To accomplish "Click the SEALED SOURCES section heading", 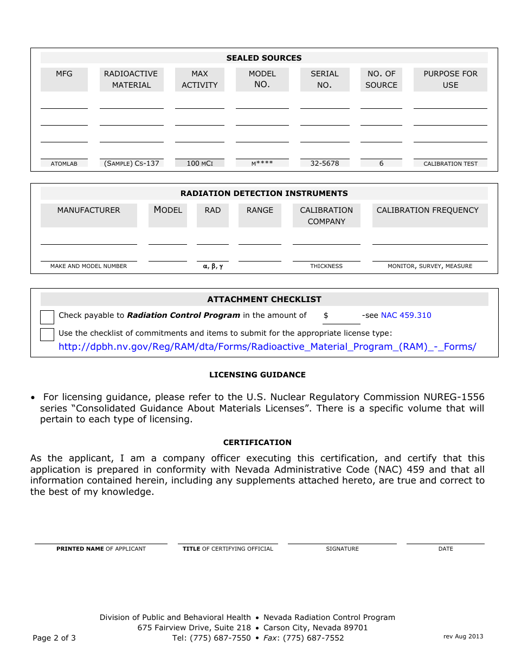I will (x=264, y=58).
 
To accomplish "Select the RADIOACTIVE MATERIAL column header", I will (x=131, y=79).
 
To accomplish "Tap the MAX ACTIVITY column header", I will (x=199, y=79).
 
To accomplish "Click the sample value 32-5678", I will (x=324, y=163).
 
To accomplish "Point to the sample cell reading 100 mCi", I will (x=199, y=163).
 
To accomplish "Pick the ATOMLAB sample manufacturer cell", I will (x=64, y=164).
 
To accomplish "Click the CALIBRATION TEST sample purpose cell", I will (x=450, y=164).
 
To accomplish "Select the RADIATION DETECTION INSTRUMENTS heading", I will (x=264, y=193).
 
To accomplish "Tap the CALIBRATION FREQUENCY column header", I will (x=427, y=210).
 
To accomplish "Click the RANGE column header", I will (x=260, y=210).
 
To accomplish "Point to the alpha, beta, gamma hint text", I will (x=213, y=266).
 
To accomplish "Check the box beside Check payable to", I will (x=47, y=317).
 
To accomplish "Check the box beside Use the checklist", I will (x=47, y=334).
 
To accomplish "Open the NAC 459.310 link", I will (x=406, y=315).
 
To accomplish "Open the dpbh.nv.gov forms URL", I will (x=267, y=347).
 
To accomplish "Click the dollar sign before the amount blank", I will (x=326, y=315).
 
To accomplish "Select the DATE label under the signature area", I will (x=446, y=549).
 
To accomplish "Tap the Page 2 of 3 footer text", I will (x=54, y=638).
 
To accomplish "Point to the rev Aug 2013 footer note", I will (x=463, y=636).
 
